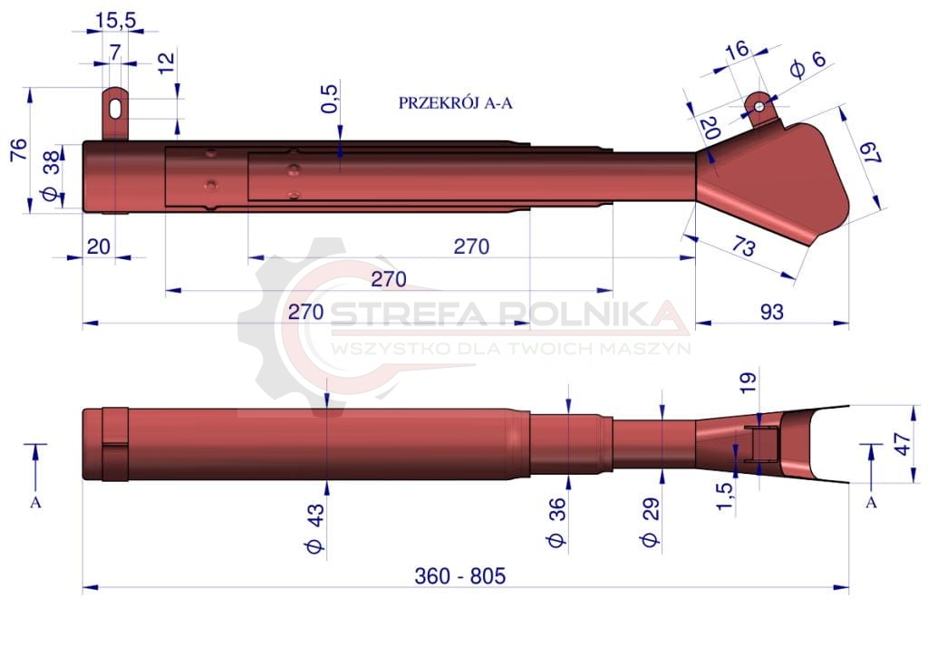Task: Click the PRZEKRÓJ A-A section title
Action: (455, 103)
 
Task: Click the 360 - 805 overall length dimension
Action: (459, 575)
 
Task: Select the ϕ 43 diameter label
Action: (315, 528)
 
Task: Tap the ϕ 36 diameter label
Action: (557, 523)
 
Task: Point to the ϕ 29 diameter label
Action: (650, 522)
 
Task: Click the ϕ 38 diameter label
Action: (52, 176)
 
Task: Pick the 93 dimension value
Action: (771, 312)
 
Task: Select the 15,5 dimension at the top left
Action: (115, 20)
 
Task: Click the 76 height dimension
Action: (19, 150)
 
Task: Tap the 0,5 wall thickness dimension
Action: (330, 99)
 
